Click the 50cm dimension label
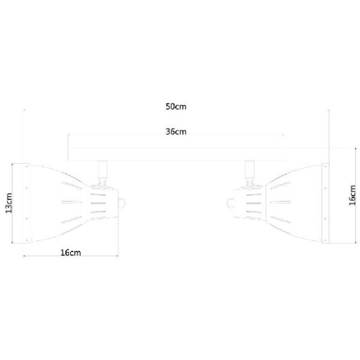(176, 107)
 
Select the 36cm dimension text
(176, 132)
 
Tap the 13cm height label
(9, 203)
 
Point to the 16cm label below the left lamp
(71, 253)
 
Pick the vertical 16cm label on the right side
(352, 195)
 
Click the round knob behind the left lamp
(122, 203)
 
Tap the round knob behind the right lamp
(230, 203)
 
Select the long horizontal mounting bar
(176, 147)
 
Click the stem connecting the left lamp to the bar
(102, 170)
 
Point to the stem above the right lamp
(250, 170)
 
